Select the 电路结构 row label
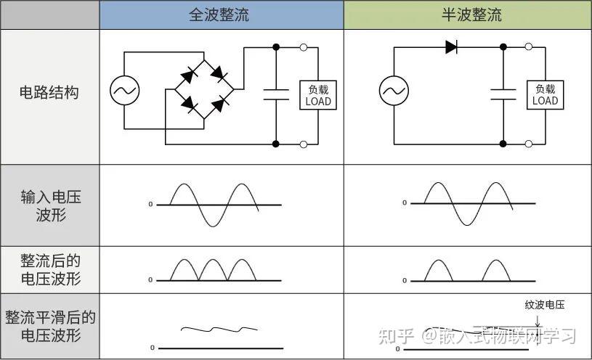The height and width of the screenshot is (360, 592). click(49, 93)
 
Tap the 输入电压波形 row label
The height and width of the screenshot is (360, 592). click(49, 205)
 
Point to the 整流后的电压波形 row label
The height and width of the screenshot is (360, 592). click(49, 270)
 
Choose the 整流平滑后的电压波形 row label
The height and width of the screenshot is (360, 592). click(49, 327)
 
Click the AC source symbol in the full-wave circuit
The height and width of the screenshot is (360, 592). click(125, 91)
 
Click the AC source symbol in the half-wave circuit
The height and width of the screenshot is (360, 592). click(394, 91)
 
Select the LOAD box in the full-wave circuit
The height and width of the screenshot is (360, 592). click(318, 95)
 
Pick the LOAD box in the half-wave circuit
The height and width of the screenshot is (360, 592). click(545, 95)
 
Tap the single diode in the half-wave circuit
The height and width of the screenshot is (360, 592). click(451, 47)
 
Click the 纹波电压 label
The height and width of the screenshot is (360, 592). click(544, 305)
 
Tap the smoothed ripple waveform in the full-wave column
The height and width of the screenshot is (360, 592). click(212, 330)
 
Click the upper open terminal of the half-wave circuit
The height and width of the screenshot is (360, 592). click(529, 47)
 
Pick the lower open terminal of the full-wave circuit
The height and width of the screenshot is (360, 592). click(303, 144)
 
